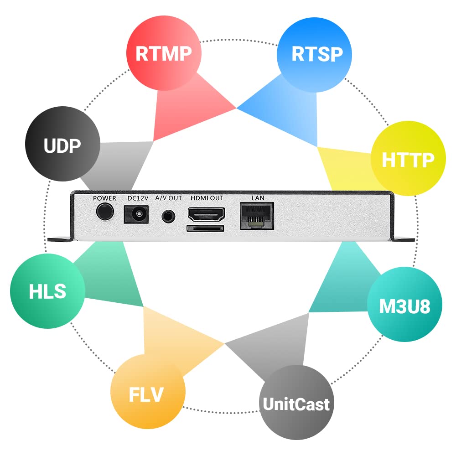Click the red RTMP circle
163,53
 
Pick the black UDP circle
62,145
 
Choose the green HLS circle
47,291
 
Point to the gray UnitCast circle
295,403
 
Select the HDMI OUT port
206,213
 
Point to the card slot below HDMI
205,228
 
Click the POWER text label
105,198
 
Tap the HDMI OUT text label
207,198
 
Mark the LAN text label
257,198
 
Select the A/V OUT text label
168,198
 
